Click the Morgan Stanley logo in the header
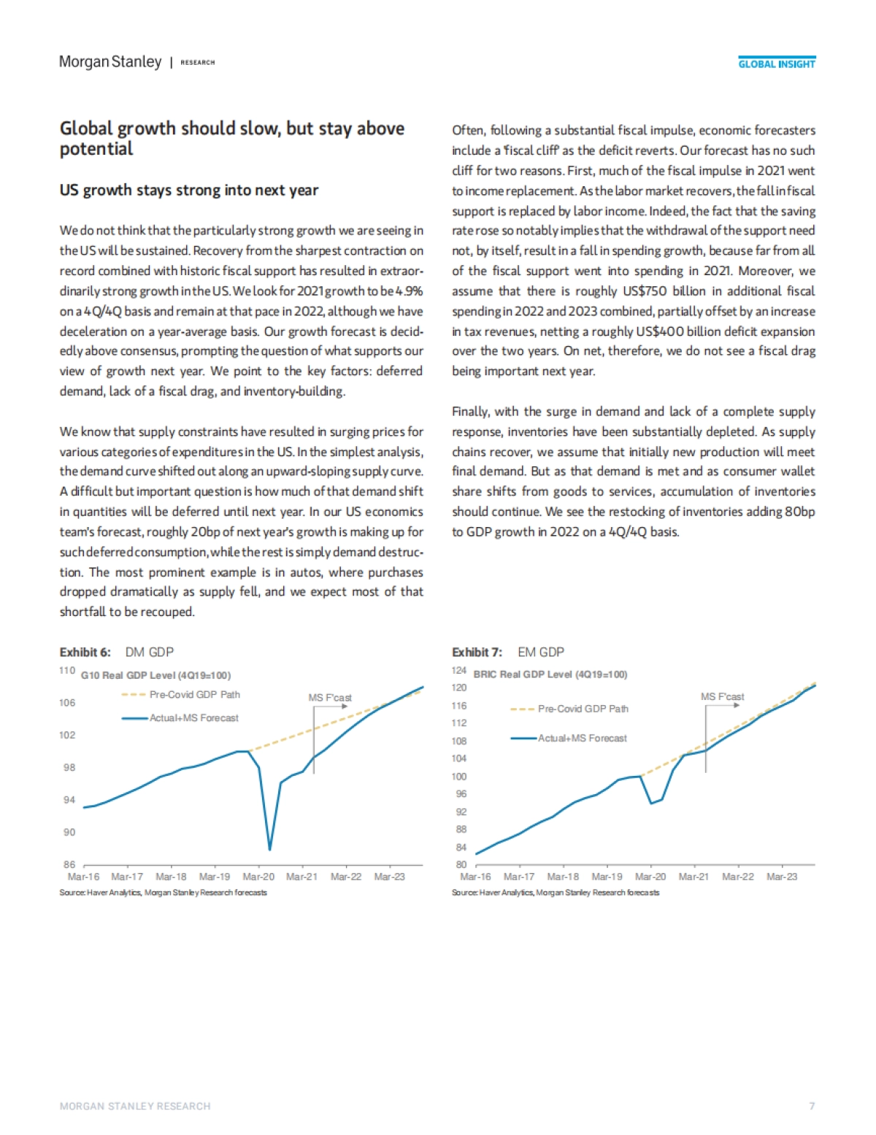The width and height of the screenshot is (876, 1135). [110, 62]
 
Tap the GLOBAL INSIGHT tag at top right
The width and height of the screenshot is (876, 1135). [776, 64]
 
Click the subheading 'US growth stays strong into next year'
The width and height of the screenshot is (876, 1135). [189, 191]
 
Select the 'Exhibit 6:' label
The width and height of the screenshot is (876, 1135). [85, 653]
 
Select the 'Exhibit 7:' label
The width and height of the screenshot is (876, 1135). [477, 653]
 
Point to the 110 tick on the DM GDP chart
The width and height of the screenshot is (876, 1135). [66, 671]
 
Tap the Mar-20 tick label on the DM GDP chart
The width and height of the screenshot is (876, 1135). [258, 877]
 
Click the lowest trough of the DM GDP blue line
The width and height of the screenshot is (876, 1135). [270, 849]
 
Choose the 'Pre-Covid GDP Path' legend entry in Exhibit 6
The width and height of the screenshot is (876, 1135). [194, 695]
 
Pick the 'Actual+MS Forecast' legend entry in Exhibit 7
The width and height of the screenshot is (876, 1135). [582, 739]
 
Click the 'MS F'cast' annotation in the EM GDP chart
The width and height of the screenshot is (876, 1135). [722, 697]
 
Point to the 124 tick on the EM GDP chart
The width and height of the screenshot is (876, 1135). [458, 671]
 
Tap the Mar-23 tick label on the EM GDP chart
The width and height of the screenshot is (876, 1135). [781, 877]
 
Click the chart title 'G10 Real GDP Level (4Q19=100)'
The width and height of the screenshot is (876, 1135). [155, 675]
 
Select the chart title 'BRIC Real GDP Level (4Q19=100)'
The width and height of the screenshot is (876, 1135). [550, 674]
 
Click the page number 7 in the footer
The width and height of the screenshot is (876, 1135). [812, 1107]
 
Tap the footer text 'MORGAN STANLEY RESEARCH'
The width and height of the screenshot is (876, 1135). [135, 1107]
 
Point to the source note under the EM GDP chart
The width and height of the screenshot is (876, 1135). [555, 893]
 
